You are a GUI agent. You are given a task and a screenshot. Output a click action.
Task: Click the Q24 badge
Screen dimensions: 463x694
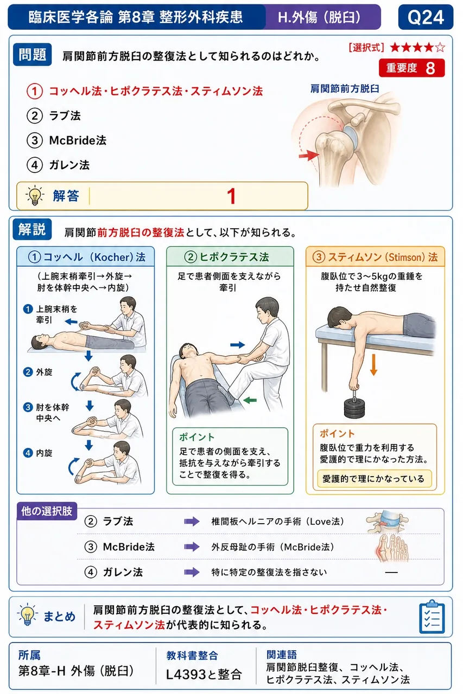click(426, 17)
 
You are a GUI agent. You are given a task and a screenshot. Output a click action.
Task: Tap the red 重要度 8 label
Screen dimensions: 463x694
click(411, 68)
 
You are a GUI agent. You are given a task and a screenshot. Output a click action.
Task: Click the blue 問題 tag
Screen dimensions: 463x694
click(32, 55)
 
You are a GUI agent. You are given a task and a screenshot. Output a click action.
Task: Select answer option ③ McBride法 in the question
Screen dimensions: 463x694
click(67, 140)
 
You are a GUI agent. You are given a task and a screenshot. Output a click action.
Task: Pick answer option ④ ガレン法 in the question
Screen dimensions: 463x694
click(58, 165)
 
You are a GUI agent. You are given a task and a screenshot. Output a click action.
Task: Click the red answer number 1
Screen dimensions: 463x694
click(231, 196)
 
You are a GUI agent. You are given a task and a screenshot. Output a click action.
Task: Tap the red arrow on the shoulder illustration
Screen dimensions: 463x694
click(309, 155)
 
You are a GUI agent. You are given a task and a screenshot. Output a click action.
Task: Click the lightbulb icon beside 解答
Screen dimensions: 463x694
click(34, 196)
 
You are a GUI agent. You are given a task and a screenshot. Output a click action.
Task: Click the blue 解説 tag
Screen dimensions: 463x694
click(32, 229)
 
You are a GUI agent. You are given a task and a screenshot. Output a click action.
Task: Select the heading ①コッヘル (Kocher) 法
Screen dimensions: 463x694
click(86, 257)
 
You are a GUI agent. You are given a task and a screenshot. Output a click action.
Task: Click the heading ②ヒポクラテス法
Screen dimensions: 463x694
click(226, 257)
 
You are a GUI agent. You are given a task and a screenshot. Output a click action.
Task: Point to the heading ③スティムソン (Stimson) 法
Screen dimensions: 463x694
click(375, 257)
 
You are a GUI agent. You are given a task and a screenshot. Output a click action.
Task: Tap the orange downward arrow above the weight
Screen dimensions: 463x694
click(373, 365)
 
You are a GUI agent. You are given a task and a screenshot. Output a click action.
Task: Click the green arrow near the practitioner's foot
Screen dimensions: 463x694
click(250, 400)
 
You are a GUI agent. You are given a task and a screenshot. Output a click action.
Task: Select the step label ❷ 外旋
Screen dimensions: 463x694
click(38, 372)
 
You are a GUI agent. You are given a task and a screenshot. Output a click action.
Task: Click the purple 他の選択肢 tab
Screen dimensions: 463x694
click(47, 511)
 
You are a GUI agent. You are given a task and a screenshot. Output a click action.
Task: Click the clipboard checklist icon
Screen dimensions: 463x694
click(432, 617)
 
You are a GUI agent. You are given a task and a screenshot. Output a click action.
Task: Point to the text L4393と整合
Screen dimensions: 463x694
click(204, 674)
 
